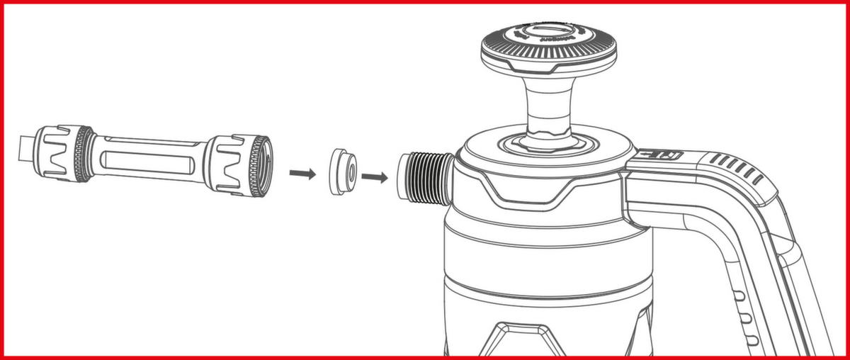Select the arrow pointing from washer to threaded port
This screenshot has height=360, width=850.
tap(375, 176)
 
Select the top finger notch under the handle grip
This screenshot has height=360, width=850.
tap(737, 296)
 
